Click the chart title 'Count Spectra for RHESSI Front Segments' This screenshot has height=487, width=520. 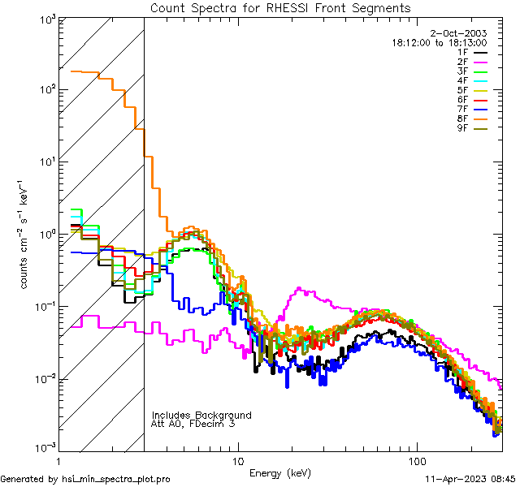point(280,8)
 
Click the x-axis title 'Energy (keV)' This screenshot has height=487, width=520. point(279,473)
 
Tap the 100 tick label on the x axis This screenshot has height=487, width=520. point(416,461)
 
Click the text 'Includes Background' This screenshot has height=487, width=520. point(201,416)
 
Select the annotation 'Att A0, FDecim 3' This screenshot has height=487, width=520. point(193,425)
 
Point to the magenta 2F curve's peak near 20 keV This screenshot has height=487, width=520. point(301,289)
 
